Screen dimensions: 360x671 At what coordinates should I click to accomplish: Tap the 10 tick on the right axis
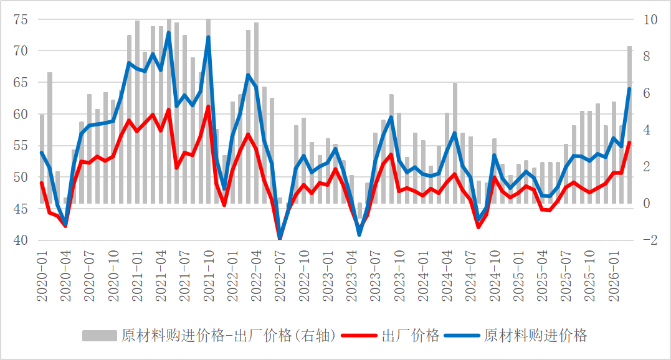tap(650, 19)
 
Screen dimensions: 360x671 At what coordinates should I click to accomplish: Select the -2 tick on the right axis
tap(650, 240)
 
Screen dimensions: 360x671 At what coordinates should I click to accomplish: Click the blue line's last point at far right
tap(629, 89)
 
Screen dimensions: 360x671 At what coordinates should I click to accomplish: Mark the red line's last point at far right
tap(629, 143)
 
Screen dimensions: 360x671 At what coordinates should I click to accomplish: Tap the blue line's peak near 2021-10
tap(208, 37)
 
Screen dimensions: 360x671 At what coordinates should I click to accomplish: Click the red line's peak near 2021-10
tap(208, 107)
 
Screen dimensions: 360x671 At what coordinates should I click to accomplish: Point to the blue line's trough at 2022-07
tap(280, 237)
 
